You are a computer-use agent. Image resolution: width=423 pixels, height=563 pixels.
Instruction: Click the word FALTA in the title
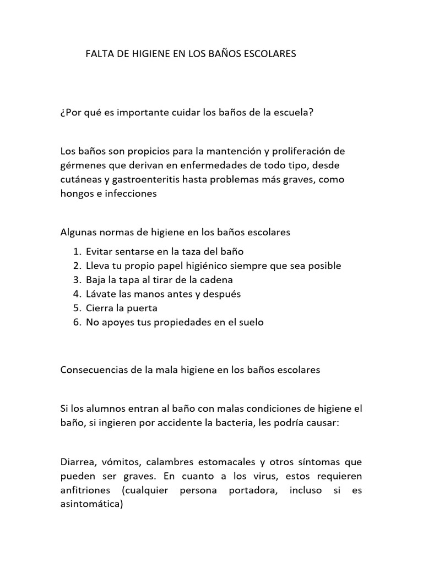(99, 54)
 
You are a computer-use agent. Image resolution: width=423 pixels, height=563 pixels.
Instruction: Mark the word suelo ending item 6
(251, 323)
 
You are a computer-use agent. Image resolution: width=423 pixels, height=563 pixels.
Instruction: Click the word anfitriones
(86, 490)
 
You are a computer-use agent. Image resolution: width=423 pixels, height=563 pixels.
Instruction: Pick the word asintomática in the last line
(91, 505)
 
